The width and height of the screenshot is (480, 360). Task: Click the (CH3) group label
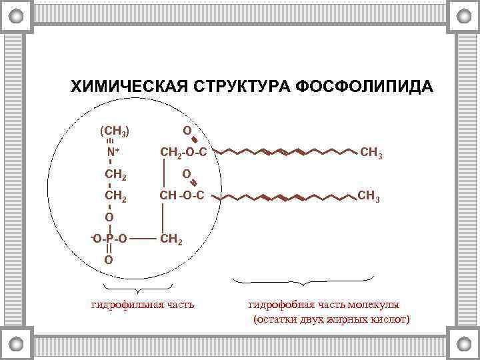tap(115, 131)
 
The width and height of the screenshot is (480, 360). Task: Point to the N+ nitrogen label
tap(113, 153)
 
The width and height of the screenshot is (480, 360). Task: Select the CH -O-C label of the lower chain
tap(180, 196)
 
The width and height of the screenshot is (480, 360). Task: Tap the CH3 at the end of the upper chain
tap(371, 155)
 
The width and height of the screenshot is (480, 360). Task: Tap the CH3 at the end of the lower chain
tap(369, 197)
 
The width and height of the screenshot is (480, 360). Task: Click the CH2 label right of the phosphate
tap(169, 237)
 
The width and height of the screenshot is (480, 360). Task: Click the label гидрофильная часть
tap(143, 305)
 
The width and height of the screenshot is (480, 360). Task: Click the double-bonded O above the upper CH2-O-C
tap(187, 131)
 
